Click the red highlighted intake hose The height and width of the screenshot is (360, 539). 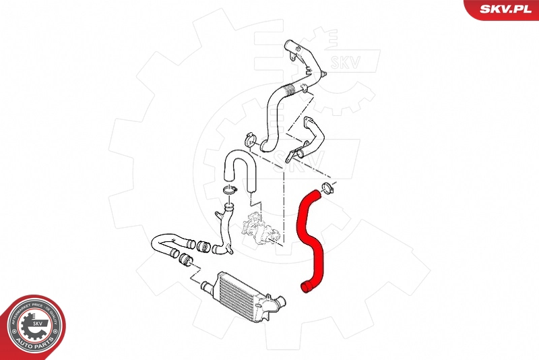coord(312,236)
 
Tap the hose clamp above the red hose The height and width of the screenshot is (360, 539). coord(327,188)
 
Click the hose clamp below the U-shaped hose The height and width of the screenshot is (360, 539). coord(229,191)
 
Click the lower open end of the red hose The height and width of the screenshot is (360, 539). coord(306,289)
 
